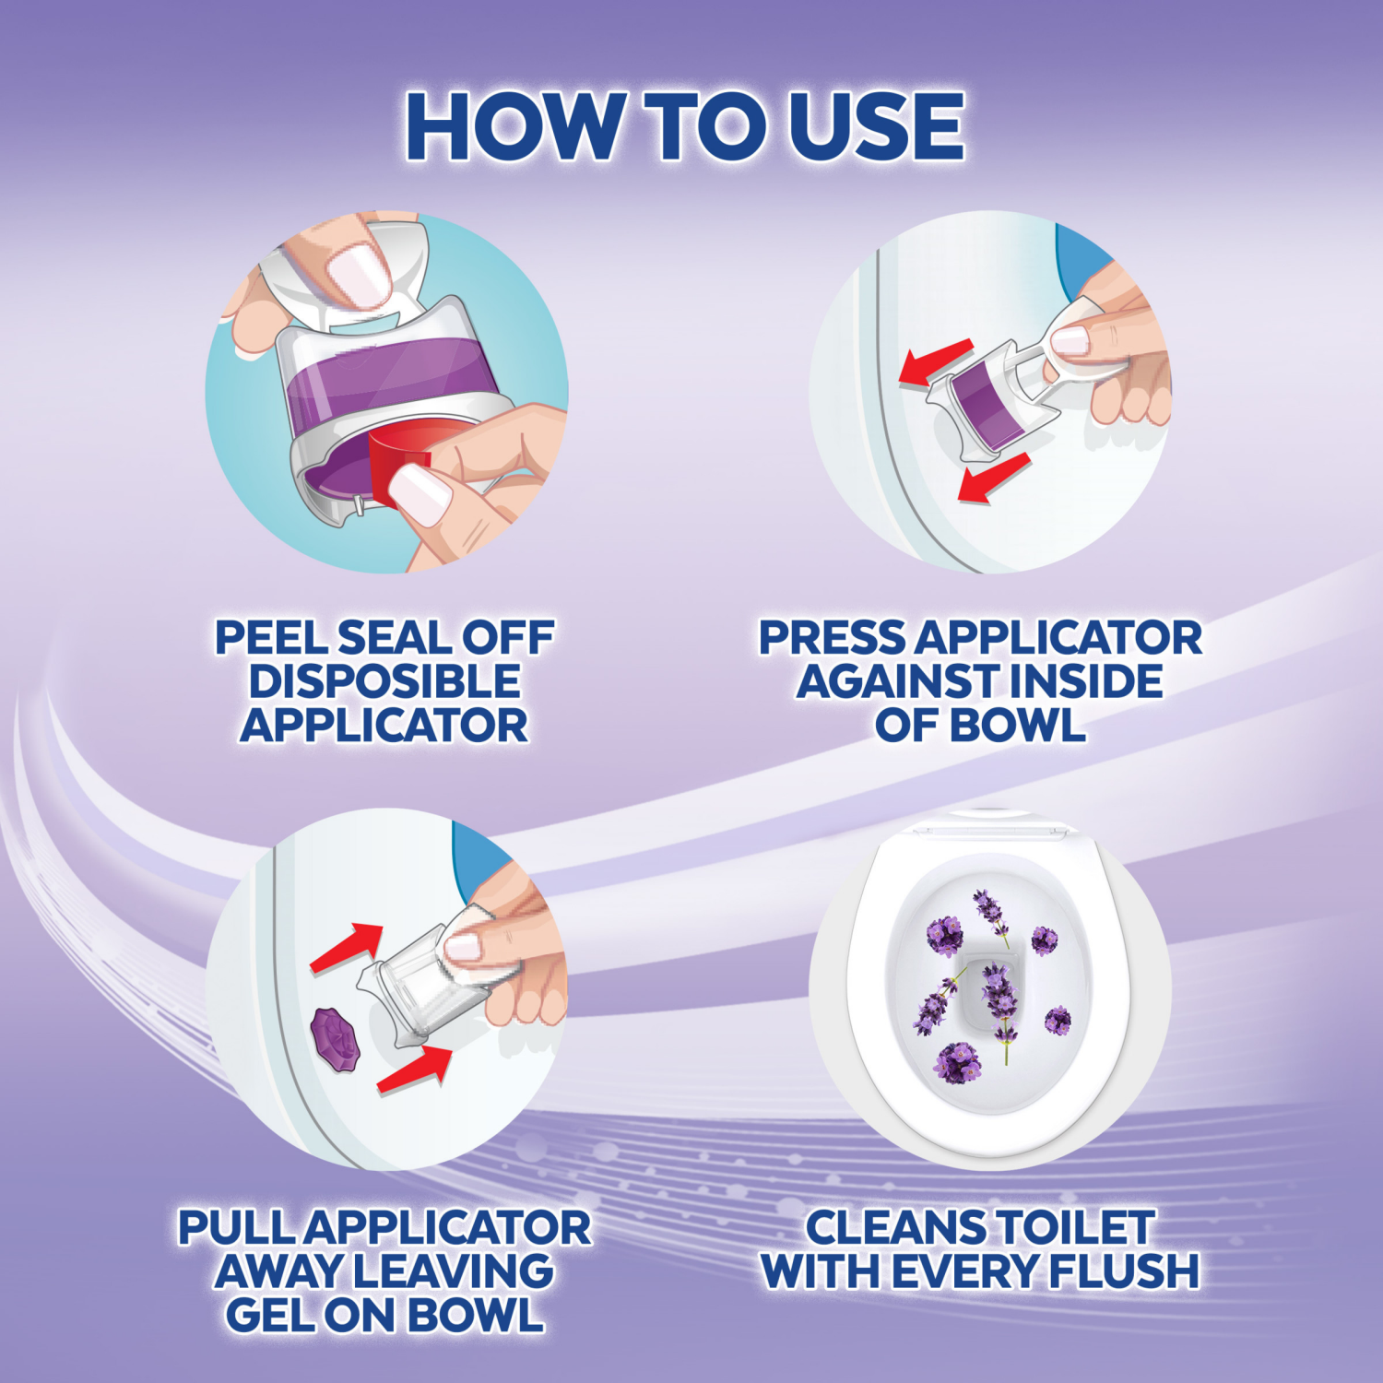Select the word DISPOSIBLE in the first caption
click(384, 681)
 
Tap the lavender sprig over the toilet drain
click(999, 1005)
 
